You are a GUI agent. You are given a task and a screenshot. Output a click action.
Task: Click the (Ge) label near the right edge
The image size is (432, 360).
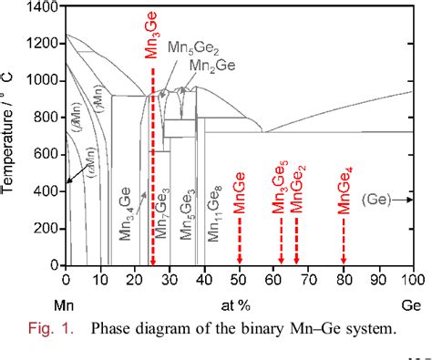point(376,197)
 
